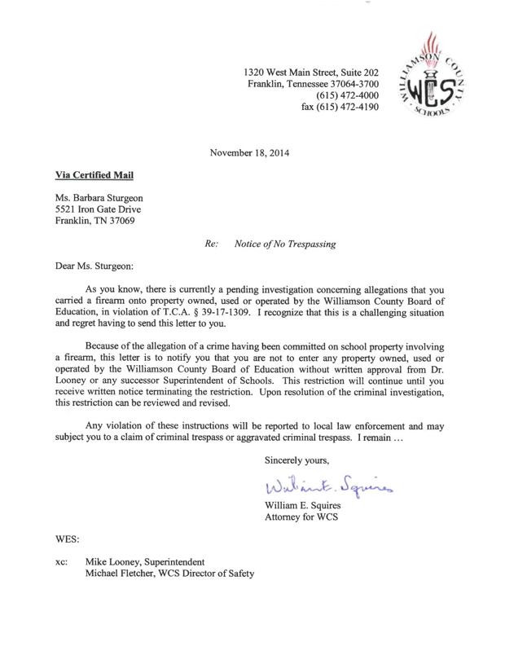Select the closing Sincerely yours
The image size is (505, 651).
[296, 461]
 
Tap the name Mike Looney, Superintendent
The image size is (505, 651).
[146, 562]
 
